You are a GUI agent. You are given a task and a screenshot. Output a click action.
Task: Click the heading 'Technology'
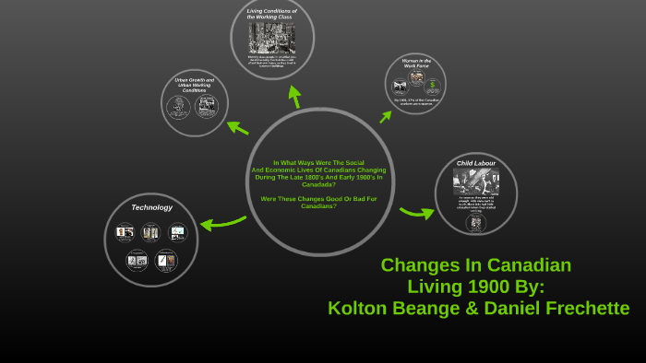151,207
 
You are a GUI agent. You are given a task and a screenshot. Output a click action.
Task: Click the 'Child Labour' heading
475,163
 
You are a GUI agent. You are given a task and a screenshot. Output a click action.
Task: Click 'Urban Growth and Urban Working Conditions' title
194,85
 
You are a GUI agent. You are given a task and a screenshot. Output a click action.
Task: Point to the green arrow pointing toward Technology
221,222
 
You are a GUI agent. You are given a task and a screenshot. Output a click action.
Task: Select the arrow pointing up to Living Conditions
295,97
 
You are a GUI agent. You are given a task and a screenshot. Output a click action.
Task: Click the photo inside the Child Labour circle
475,181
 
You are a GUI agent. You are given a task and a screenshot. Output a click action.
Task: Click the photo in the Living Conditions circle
271,37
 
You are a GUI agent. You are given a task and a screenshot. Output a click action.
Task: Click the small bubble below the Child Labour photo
475,222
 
